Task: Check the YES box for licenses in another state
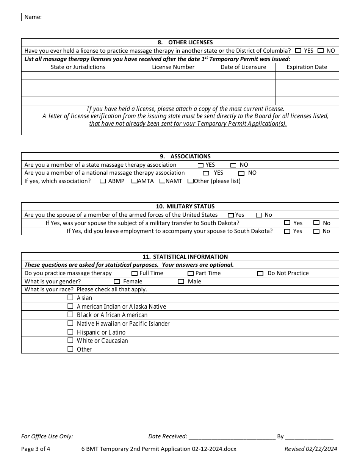298,50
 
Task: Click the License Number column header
173,67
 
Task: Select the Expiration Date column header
307,67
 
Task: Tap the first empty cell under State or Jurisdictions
78,75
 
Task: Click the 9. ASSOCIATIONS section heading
180,156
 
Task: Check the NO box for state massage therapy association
233,165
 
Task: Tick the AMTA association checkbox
134,181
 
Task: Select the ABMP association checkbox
103,181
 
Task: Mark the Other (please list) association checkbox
190,181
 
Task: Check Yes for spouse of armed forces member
230,215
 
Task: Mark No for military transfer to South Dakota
316,223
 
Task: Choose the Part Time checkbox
191,274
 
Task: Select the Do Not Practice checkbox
260,274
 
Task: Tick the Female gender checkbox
117,281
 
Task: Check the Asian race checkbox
70,297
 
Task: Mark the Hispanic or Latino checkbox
70,332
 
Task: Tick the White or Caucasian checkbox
70,340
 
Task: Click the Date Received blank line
232,437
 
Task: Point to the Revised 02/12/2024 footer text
311,449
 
